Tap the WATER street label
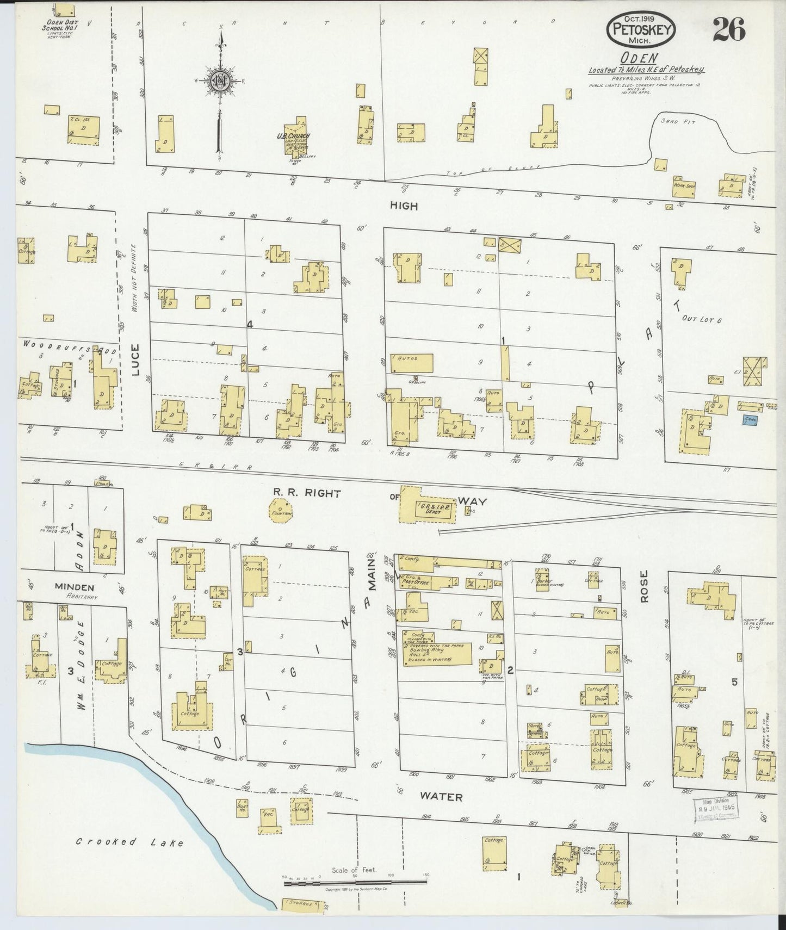[442, 797]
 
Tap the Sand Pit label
[669, 121]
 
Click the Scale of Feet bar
[356, 880]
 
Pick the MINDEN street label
[74, 587]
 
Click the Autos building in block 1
[411, 363]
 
